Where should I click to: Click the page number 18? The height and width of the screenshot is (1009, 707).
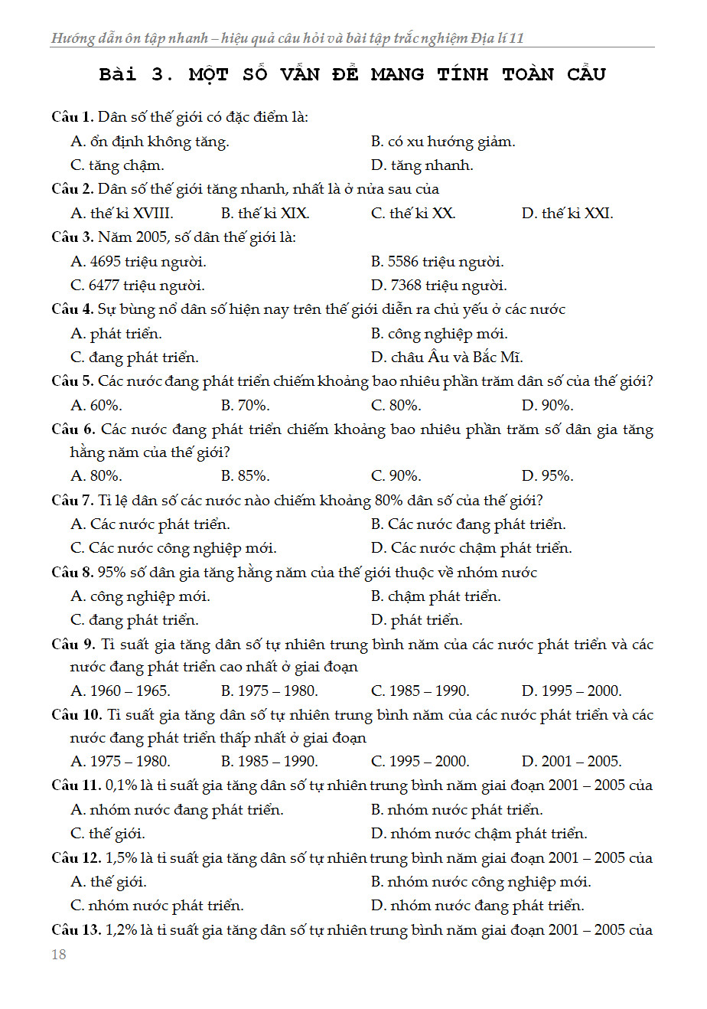point(59,954)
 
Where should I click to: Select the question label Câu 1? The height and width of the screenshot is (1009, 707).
point(72,117)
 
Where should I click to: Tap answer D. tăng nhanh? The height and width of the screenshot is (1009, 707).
point(422,165)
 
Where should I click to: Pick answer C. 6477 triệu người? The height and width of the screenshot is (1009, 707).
point(138,286)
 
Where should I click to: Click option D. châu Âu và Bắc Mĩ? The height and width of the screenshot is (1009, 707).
point(447,358)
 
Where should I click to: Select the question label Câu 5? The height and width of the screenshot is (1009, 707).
point(72,381)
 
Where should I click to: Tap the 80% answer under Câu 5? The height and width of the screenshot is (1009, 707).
point(396,406)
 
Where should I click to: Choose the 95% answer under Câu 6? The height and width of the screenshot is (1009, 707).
point(547,476)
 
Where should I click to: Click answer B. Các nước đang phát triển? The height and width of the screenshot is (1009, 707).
point(468,524)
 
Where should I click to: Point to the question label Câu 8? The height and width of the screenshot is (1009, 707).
point(72,573)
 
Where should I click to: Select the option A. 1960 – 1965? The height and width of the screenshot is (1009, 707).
point(120,691)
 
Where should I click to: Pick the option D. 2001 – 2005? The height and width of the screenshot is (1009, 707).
point(572,762)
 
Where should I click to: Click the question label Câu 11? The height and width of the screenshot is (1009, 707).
point(76,785)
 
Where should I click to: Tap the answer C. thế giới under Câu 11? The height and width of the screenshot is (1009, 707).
point(108,834)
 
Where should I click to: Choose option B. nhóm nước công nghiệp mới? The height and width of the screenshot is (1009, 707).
point(481,882)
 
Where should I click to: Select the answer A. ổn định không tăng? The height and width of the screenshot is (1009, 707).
point(150,142)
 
